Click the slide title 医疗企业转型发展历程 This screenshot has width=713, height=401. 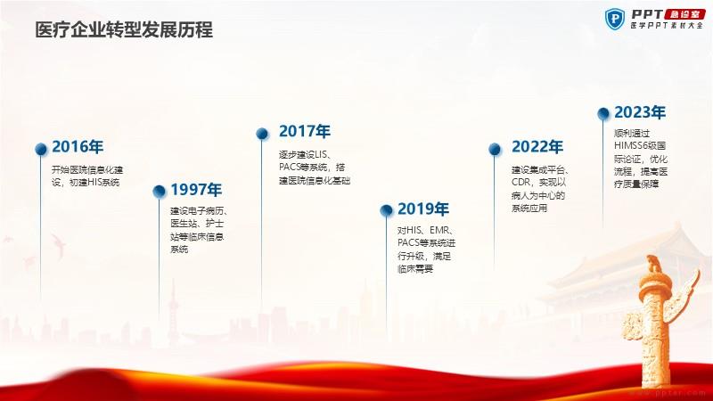click(124, 30)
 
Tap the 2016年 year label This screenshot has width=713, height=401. click(78, 147)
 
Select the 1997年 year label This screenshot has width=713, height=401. click(196, 190)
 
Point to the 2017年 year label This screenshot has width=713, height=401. click(305, 131)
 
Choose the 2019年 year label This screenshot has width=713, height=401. click(423, 209)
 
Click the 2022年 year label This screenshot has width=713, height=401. click(537, 147)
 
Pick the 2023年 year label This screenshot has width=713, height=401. click(640, 112)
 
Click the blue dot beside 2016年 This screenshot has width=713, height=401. click(41, 149)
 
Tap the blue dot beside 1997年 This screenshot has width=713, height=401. click(160, 192)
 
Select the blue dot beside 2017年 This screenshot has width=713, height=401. click(262, 133)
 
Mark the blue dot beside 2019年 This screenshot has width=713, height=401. click(386, 210)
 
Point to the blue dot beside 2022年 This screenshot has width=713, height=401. click(495, 149)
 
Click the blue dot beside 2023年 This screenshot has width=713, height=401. click(603, 113)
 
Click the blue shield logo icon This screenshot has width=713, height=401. click(615, 19)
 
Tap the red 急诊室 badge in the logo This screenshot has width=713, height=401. click(684, 14)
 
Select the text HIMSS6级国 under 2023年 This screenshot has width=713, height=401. click(640, 146)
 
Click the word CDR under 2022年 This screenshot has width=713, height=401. click(521, 183)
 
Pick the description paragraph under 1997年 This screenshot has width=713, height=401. click(199, 230)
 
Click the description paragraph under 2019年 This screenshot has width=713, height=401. click(427, 250)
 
